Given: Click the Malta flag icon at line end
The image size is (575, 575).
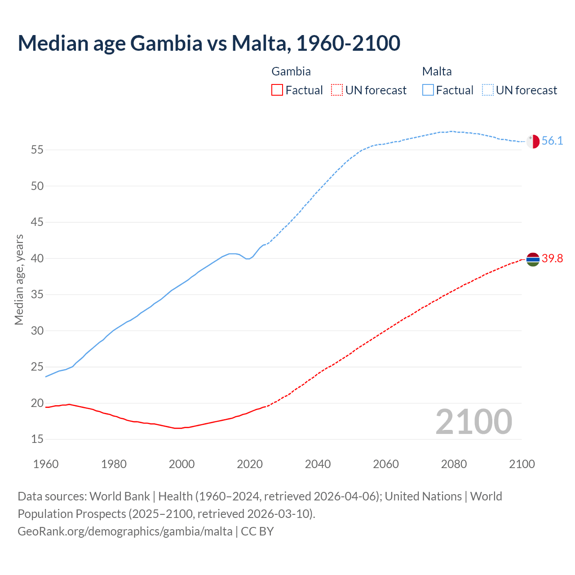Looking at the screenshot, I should [x=533, y=141].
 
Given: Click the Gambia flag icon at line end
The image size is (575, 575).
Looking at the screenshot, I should [x=533, y=259].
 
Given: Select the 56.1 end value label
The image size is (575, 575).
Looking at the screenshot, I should [x=552, y=141].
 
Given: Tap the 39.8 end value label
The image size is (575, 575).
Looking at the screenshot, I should [x=552, y=259].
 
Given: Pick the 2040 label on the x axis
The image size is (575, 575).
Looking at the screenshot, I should [x=318, y=464].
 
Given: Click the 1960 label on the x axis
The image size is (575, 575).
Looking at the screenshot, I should [x=46, y=464].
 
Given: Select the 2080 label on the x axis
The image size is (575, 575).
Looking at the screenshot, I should [x=454, y=464].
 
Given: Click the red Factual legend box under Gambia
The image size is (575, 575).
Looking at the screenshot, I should [x=277, y=90].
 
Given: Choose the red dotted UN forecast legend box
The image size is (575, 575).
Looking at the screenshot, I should [x=337, y=90].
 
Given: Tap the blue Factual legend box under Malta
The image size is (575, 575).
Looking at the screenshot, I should [x=428, y=90].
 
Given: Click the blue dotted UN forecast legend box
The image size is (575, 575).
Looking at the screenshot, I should [x=488, y=90].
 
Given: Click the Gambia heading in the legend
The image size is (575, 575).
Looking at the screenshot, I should [x=291, y=71].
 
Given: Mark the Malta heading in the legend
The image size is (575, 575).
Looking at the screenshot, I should [x=437, y=71].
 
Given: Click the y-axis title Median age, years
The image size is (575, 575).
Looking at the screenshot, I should [x=19, y=279].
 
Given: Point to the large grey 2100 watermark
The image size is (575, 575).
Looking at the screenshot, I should [x=473, y=421].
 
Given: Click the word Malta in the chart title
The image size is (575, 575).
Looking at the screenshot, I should [x=259, y=43].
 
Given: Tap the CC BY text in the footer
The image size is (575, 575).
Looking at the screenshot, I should [x=257, y=531].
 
